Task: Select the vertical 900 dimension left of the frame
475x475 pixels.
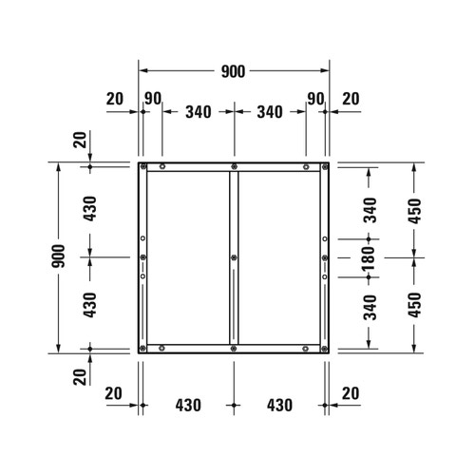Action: [x=59, y=256]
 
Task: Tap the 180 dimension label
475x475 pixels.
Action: [x=370, y=256]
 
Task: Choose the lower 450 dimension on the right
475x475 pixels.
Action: [x=414, y=304]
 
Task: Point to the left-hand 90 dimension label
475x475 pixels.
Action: [x=152, y=98]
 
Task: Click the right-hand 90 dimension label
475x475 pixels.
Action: [x=315, y=98]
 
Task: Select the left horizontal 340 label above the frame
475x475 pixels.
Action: [x=198, y=112]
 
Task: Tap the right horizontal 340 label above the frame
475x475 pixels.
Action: [x=270, y=112]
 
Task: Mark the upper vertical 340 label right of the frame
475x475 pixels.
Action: [x=370, y=208]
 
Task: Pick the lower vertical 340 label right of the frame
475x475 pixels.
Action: [x=370, y=306]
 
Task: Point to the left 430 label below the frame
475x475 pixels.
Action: [x=188, y=406]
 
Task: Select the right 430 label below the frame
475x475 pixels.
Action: [x=277, y=406]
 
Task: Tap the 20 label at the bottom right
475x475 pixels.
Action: [x=351, y=392]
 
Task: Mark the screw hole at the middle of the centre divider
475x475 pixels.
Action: [x=234, y=257]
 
